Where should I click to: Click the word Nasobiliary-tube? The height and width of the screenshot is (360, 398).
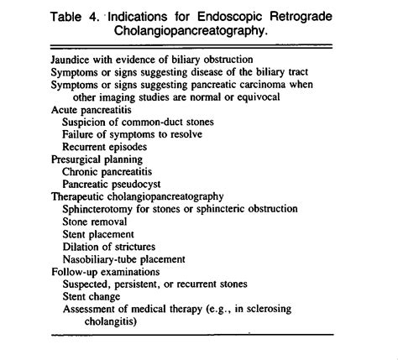click(x=102, y=259)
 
